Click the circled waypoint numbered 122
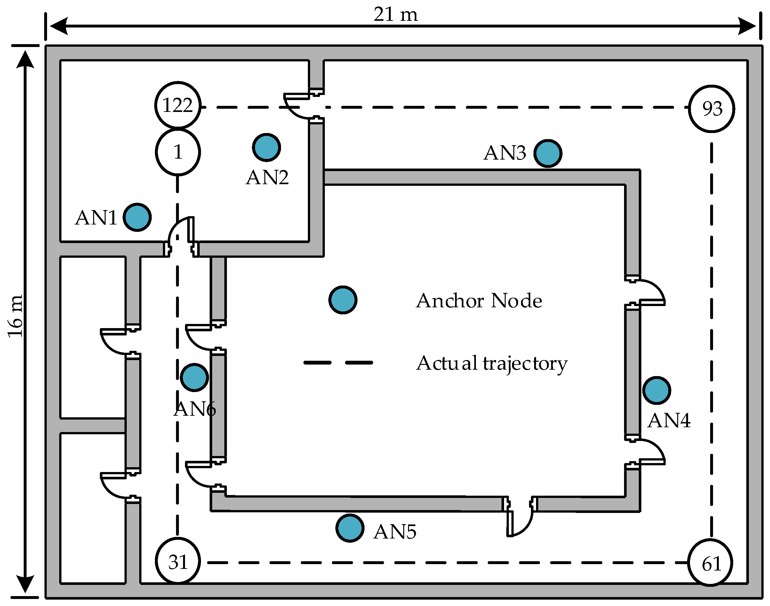click(x=178, y=105)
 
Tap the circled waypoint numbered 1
click(x=178, y=152)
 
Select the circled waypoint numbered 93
click(x=712, y=109)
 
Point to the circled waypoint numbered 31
click(x=178, y=562)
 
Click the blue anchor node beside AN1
click(x=137, y=217)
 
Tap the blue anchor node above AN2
click(x=267, y=147)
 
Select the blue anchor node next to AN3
click(x=548, y=153)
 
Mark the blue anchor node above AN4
click(x=657, y=390)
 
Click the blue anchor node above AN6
click(x=194, y=377)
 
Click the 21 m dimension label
click(x=396, y=15)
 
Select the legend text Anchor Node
click(x=479, y=301)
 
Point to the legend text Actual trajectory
click(x=492, y=363)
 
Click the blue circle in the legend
click(x=342, y=300)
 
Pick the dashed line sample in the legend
click(x=338, y=363)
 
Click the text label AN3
click(x=504, y=153)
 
